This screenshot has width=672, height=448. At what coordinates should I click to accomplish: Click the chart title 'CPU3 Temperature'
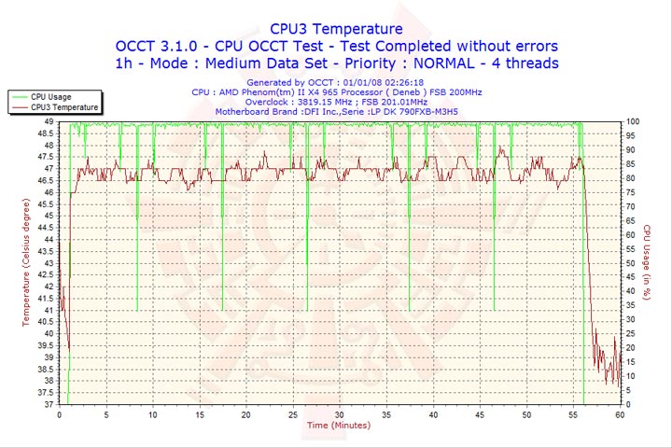pyautogui.click(x=336, y=29)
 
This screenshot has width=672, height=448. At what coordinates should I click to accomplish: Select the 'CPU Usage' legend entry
pyautogui.click(x=50, y=96)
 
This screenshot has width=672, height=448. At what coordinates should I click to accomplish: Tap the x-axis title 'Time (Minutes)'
pyautogui.click(x=338, y=426)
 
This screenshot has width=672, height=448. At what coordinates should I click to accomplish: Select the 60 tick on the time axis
pyautogui.click(x=621, y=414)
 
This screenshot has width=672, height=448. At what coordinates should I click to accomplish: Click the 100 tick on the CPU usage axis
pyautogui.click(x=633, y=121)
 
